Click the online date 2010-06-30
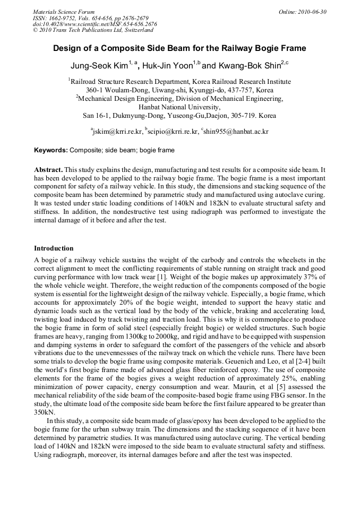coord(313,12)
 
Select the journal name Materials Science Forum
coord(64,12)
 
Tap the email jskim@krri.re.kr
coord(115,132)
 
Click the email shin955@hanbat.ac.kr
coord(236,132)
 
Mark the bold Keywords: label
coord(51,150)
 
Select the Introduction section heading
coord(54,248)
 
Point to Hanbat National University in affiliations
coord(179,106)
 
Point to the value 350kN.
coord(44,411)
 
